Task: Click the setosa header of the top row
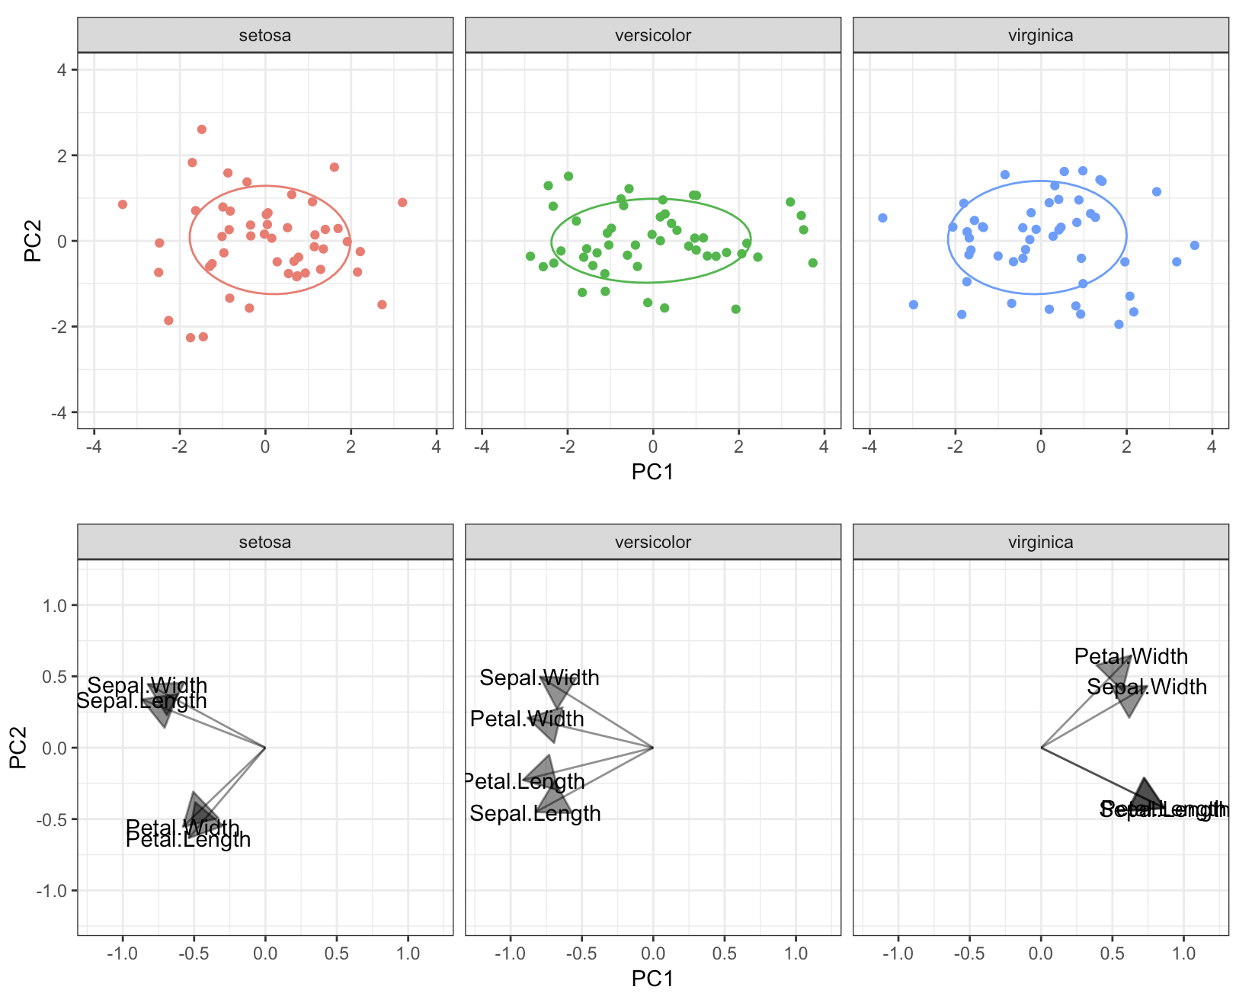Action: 264,36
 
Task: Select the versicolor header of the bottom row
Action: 652,543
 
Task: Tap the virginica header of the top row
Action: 1040,36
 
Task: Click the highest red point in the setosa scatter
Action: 202,130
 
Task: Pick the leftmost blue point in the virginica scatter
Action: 882,218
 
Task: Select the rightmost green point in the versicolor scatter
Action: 812,263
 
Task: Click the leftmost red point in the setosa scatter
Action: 123,204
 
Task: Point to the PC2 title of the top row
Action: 32,241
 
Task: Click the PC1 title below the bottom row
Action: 652,979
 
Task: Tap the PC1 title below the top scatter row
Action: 652,473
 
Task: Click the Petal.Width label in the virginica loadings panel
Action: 1131,656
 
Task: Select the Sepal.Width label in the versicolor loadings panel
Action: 540,678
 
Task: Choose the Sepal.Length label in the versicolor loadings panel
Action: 535,813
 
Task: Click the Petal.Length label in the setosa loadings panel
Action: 188,840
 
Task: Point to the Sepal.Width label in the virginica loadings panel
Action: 1147,687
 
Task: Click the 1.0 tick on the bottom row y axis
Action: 56,605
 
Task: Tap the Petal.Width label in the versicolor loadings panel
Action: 527,719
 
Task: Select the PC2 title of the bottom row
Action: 18,748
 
